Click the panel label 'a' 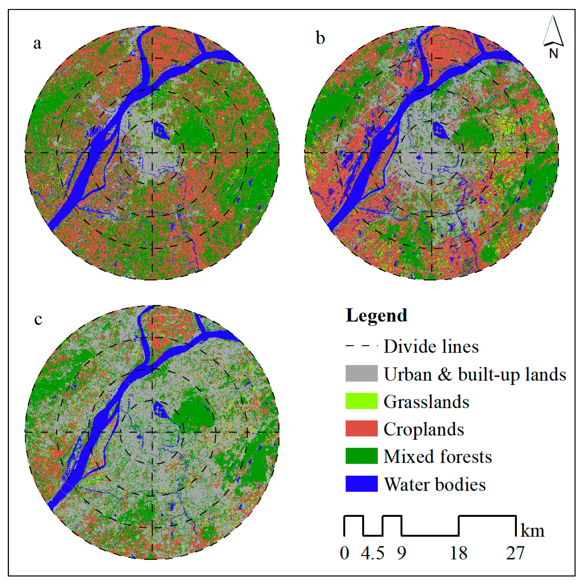(x=37, y=43)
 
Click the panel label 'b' (x=320, y=39)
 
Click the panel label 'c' (x=38, y=319)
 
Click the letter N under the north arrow (x=553, y=54)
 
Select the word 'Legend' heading (x=376, y=316)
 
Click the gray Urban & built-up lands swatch (x=361, y=373)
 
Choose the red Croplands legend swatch (x=361, y=429)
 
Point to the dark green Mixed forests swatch (x=361, y=456)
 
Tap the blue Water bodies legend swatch (x=361, y=484)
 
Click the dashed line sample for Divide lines (x=361, y=346)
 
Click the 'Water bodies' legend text (x=435, y=484)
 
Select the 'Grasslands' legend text (x=426, y=402)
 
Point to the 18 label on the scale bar (x=459, y=553)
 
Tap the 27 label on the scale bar (x=515, y=553)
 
